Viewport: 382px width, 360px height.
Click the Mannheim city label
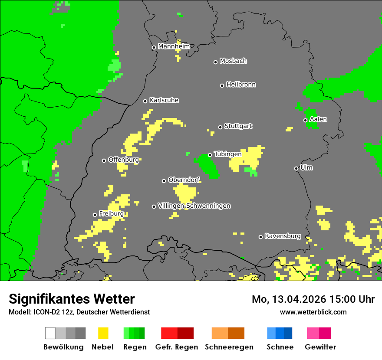tap(174, 46)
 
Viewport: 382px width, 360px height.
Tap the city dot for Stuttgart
tap(221, 127)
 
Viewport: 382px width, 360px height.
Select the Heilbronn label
tap(241, 85)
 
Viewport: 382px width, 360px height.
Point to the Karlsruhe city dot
tap(145, 101)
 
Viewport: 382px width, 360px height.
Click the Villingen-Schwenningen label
tap(194, 206)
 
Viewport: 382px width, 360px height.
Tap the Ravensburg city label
tap(283, 236)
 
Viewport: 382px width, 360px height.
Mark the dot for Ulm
tap(296, 168)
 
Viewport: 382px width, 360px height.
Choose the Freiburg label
tap(111, 214)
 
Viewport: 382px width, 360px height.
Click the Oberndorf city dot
tap(164, 181)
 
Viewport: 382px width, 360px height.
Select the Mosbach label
tap(233, 61)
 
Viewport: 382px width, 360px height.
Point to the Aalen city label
tap(318, 119)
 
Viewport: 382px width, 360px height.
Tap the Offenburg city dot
tap(104, 160)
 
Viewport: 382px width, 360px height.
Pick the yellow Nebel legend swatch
tap(103, 333)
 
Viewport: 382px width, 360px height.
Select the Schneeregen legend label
tap(229, 347)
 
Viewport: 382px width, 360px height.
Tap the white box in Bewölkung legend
tap(50, 333)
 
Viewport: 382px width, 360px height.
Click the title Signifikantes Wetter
tap(72, 299)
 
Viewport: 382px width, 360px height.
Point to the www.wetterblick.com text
tap(313, 312)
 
